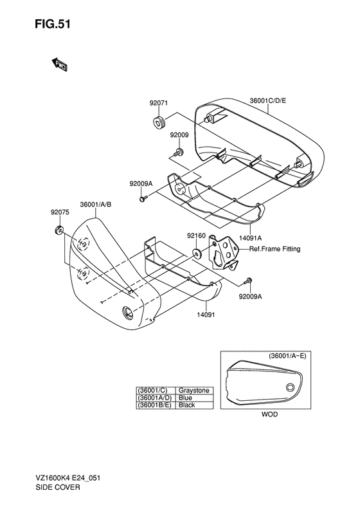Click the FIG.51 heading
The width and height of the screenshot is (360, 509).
[x=53, y=24]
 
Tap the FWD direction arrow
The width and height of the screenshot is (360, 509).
[x=59, y=64]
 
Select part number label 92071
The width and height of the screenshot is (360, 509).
[x=159, y=103]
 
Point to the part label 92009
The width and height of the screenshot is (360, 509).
[x=179, y=134]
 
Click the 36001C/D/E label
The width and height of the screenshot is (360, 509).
[x=268, y=100]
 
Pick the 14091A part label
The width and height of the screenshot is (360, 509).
[x=250, y=238]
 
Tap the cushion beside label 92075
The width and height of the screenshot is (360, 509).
[x=59, y=230]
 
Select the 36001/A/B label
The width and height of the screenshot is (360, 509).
[x=96, y=205]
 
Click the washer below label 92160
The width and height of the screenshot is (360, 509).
[x=197, y=253]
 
